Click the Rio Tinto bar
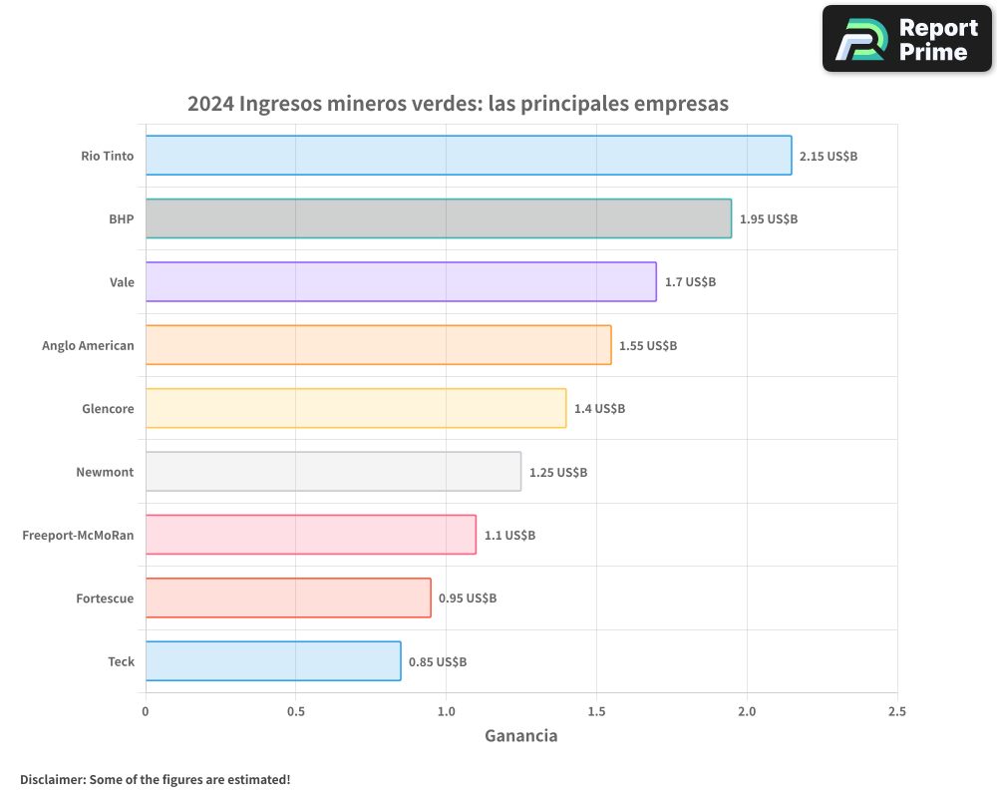pos(469,156)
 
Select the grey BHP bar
pos(439,218)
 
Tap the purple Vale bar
pos(401,281)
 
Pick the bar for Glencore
pos(356,408)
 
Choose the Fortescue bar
pos(288,598)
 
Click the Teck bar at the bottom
pos(273,660)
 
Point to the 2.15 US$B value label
pos(829,157)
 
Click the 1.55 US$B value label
pos(648,346)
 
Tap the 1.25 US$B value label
pos(558,472)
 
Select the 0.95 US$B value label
pos(468,598)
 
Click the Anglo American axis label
pos(88,346)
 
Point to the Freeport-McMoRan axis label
pos(78,536)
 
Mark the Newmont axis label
pos(105,472)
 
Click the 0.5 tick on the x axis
pos(295,711)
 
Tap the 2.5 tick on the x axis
pos(896,711)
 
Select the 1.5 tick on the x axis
pos(596,711)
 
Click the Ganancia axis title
pos(520,736)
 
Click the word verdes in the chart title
pos(447,104)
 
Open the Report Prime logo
pos(906,39)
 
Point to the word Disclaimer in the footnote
pos(52,779)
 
